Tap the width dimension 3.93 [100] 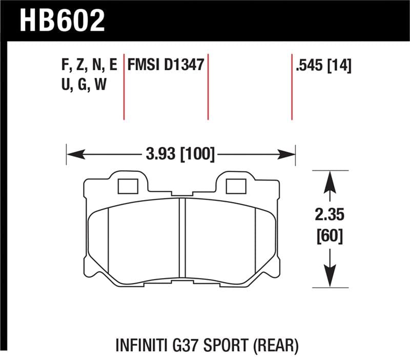click(180, 153)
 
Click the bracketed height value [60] click(330, 236)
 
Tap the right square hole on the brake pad click(236, 186)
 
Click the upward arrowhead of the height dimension click(330, 179)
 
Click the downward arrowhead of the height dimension click(330, 277)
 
